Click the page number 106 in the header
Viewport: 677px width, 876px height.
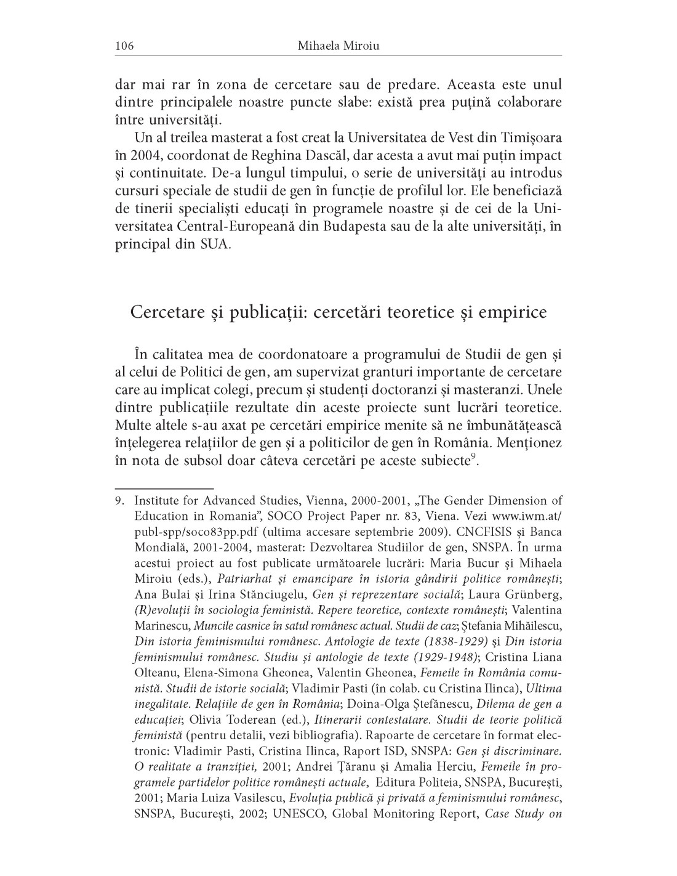point(124,46)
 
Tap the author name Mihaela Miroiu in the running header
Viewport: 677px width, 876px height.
point(338,46)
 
